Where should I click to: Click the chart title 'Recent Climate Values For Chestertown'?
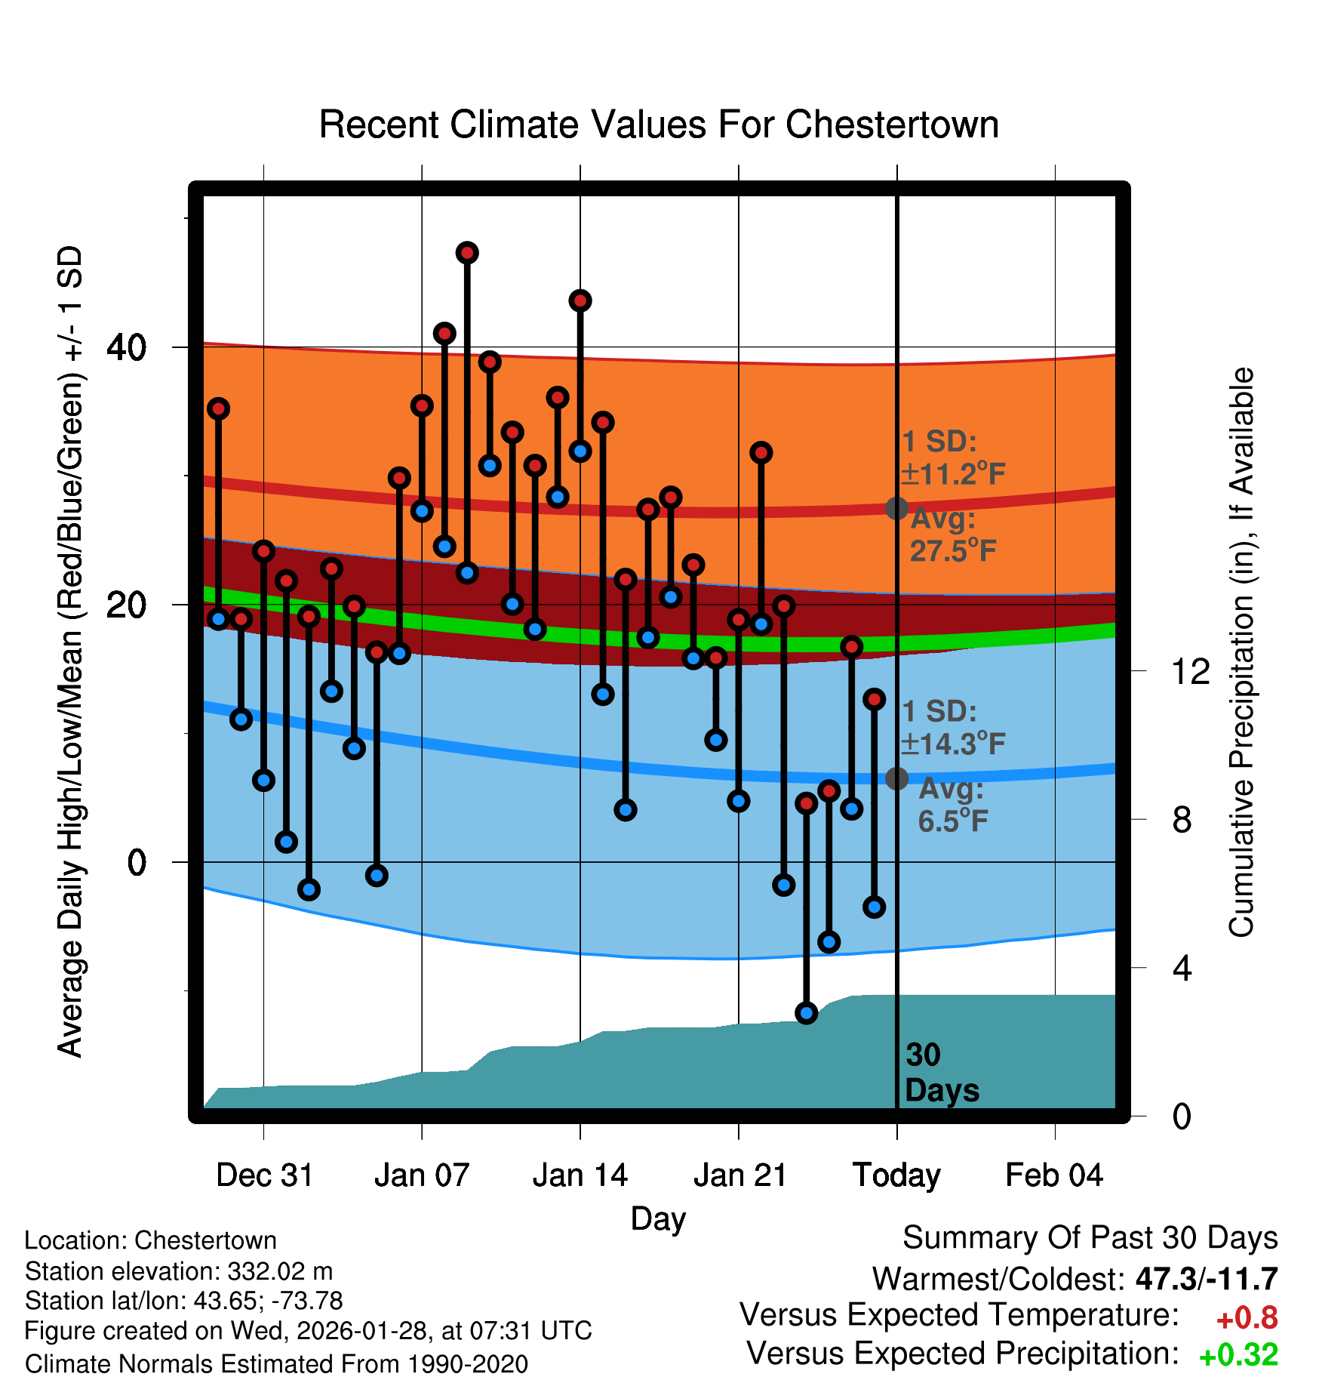click(659, 125)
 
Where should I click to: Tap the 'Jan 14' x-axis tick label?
click(580, 1175)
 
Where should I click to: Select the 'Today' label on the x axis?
click(896, 1175)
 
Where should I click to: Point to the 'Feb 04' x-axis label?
click(1054, 1175)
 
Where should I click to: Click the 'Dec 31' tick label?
click(264, 1175)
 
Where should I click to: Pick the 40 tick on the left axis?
click(127, 348)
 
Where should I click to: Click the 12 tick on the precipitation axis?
click(1191, 671)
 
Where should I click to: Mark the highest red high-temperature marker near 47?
click(467, 253)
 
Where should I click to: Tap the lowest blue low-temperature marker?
click(807, 1013)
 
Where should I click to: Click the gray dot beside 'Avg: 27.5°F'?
click(896, 508)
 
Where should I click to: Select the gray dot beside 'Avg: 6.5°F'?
click(896, 778)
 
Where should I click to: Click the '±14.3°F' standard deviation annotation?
click(953, 744)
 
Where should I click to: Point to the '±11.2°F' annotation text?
click(953, 474)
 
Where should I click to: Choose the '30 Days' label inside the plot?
click(941, 1073)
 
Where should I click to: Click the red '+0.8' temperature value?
click(1247, 1318)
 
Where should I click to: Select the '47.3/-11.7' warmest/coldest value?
click(1206, 1279)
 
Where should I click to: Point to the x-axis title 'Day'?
click(658, 1218)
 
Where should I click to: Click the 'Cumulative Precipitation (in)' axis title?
click(1241, 653)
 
